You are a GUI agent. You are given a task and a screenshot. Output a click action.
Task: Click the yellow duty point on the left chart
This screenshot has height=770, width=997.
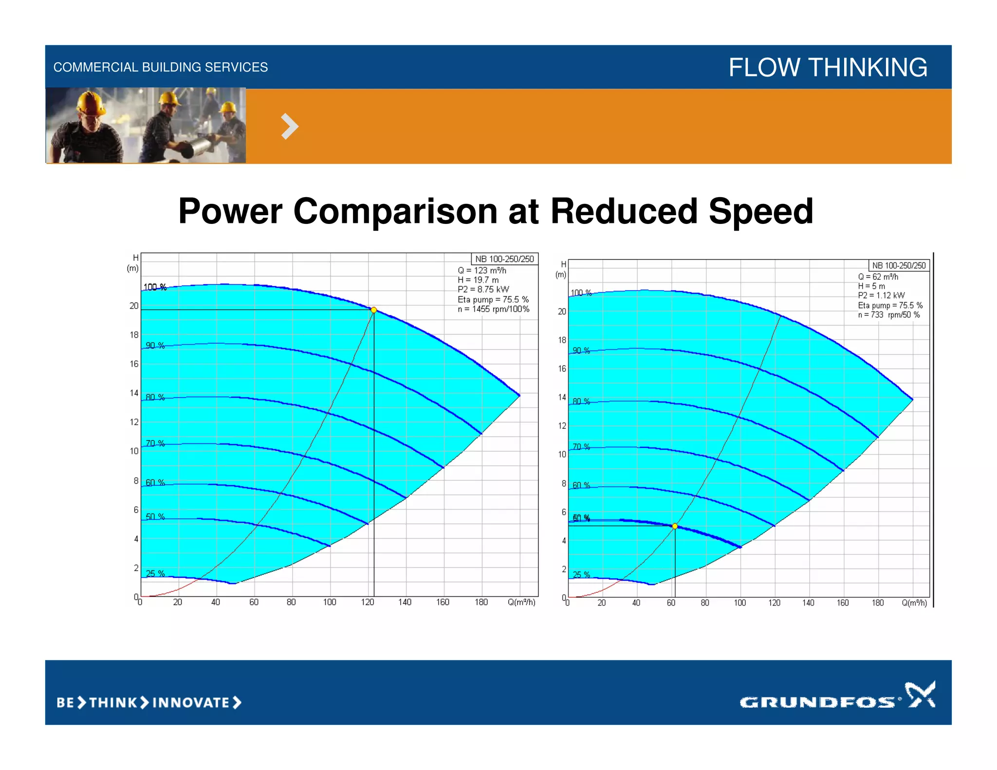click(374, 310)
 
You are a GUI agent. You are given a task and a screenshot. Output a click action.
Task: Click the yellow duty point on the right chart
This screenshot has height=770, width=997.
click(675, 526)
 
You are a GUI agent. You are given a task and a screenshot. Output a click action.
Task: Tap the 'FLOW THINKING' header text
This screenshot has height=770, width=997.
click(828, 67)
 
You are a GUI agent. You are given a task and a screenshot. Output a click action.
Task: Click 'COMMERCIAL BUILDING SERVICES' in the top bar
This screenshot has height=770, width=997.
click(160, 67)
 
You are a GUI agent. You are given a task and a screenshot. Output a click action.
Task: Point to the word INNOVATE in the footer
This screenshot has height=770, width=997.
click(191, 703)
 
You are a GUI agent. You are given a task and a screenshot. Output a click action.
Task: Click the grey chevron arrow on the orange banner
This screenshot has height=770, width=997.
click(290, 127)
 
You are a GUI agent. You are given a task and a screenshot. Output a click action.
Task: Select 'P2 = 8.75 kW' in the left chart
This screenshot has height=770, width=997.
click(483, 290)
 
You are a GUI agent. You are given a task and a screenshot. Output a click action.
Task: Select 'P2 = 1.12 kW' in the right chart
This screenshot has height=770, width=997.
click(881, 295)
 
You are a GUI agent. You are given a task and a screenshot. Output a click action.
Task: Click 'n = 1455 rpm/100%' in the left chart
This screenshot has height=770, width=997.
click(493, 309)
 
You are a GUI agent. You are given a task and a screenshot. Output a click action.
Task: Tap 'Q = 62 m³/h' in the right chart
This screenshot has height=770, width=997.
click(878, 277)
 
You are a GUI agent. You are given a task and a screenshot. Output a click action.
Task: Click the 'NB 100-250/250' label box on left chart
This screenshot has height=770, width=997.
click(504, 259)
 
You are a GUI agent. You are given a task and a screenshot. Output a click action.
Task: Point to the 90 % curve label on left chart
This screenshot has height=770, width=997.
click(155, 346)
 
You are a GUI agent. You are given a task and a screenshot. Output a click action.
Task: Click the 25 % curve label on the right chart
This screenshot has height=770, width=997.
click(581, 575)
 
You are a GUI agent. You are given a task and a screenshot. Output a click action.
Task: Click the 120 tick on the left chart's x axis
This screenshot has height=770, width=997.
click(368, 602)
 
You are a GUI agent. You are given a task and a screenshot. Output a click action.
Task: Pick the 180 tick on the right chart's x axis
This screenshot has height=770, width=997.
click(878, 603)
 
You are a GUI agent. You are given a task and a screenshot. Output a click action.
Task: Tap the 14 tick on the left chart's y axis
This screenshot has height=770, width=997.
click(134, 393)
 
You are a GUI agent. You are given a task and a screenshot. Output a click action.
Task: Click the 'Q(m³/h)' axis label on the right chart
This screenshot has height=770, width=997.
click(914, 603)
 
